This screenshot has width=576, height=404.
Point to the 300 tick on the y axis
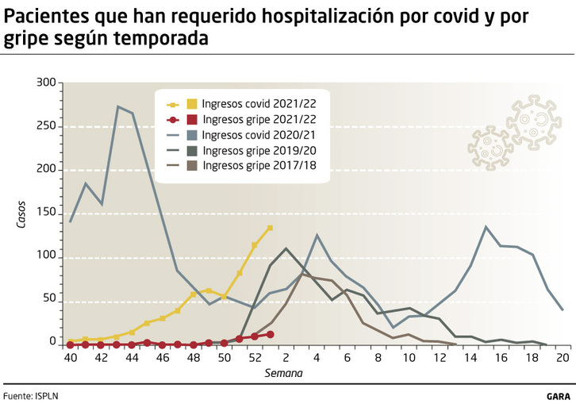[x=46, y=83]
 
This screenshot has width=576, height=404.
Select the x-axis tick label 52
[x=255, y=359]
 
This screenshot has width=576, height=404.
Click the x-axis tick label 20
[x=563, y=359]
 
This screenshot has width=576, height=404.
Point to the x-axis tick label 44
[x=132, y=359]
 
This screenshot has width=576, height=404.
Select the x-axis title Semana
[x=285, y=371]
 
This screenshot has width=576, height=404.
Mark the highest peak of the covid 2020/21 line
[x=117, y=106]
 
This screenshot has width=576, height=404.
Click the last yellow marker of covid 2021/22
[x=270, y=228]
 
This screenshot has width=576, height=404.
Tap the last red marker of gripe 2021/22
[x=270, y=334]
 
